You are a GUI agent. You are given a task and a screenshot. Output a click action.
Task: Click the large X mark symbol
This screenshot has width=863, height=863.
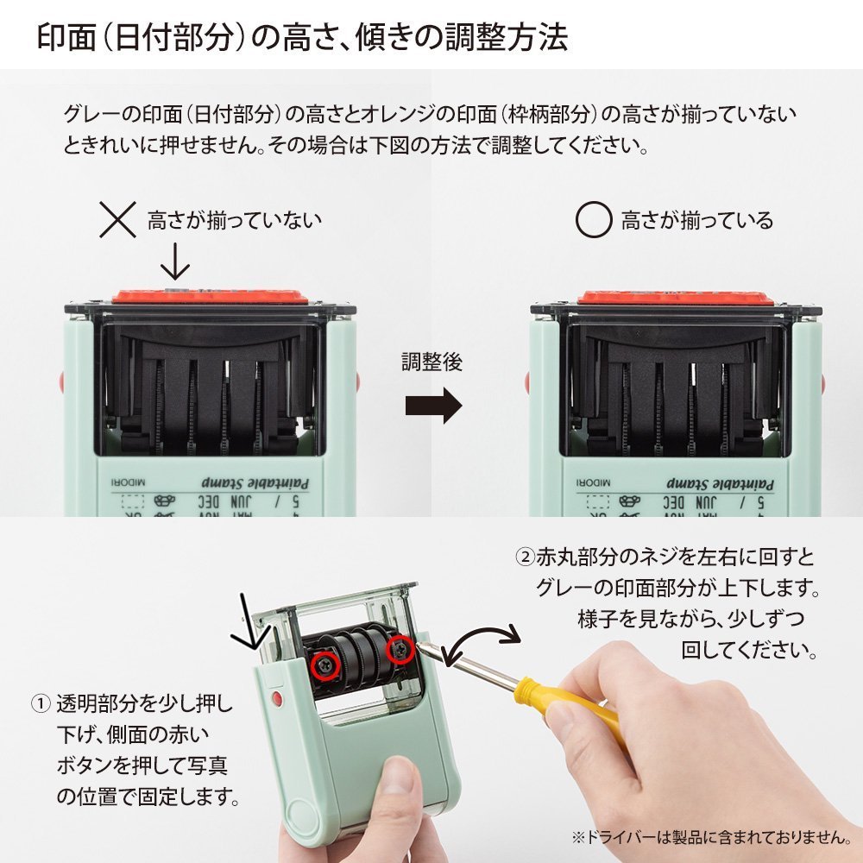[x=118, y=219]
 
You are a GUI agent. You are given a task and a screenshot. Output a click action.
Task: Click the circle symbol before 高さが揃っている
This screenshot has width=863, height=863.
[x=593, y=219]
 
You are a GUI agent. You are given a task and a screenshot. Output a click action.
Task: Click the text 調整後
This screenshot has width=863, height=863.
[x=431, y=362]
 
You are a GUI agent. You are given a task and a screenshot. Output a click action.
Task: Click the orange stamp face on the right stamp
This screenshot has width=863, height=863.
[x=673, y=296]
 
